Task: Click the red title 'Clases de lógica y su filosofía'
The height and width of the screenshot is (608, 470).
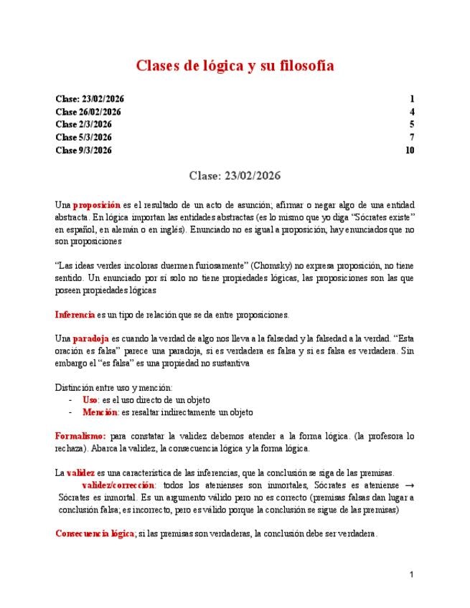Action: [235, 66]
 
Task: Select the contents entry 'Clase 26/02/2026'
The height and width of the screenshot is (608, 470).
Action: [88, 112]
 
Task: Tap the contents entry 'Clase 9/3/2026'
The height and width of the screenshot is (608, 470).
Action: [83, 151]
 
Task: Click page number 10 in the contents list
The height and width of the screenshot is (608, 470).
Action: [410, 151]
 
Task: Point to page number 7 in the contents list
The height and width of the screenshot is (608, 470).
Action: [412, 138]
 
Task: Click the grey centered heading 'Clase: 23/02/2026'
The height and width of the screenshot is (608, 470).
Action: [235, 176]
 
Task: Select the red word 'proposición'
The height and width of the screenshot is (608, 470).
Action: [97, 205]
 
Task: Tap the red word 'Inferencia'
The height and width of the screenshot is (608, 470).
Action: [75, 314]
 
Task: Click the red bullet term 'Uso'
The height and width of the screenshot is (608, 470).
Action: [90, 399]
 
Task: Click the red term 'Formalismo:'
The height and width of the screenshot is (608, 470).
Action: [80, 436]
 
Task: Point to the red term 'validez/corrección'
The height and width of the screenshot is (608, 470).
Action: [118, 485]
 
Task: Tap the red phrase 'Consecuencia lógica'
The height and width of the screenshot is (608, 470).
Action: [95, 533]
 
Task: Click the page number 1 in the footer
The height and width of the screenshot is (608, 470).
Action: [412, 574]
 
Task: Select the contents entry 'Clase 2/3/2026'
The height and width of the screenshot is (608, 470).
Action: [83, 125]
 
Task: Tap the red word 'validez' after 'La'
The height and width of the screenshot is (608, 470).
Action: [80, 472]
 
